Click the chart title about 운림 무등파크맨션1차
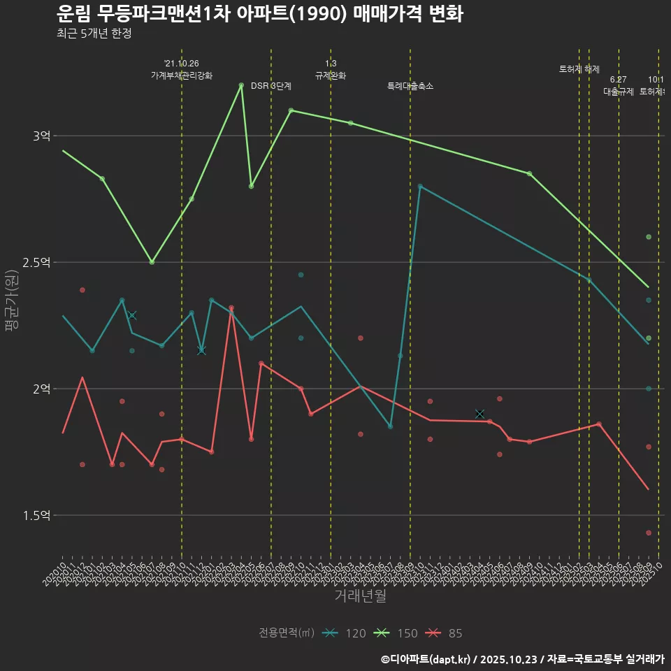pyautogui.click(x=259, y=14)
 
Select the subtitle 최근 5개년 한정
pyautogui.click(x=94, y=34)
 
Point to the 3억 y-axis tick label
pyautogui.click(x=41, y=136)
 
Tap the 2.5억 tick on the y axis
pyautogui.click(x=36, y=262)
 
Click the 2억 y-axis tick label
pyautogui.click(x=41, y=389)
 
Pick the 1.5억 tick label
pyautogui.click(x=36, y=515)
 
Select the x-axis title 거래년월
pyautogui.click(x=360, y=596)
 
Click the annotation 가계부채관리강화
pyautogui.click(x=182, y=75)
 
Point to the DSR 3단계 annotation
pyautogui.click(x=271, y=86)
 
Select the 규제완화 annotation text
pyautogui.click(x=331, y=75)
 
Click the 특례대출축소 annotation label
pyautogui.click(x=410, y=86)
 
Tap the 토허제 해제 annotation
pyautogui.click(x=579, y=69)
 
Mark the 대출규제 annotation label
pyautogui.click(x=619, y=92)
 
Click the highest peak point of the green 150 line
pyautogui.click(x=241, y=85)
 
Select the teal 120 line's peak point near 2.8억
pyautogui.click(x=420, y=186)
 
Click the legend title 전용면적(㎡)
pyautogui.click(x=287, y=633)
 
